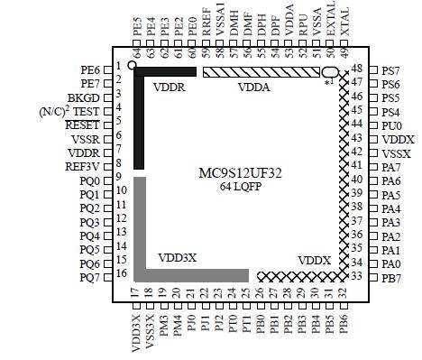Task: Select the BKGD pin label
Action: pos(84,97)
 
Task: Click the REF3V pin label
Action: pos(83,166)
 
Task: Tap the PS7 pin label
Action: pos(391,70)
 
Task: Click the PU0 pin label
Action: pos(391,125)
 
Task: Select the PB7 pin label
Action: pos(391,277)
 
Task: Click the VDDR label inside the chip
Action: pos(170,87)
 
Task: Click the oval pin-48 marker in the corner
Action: pos(330,72)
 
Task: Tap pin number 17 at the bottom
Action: pos(136,293)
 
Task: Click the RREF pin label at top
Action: pos(206,26)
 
